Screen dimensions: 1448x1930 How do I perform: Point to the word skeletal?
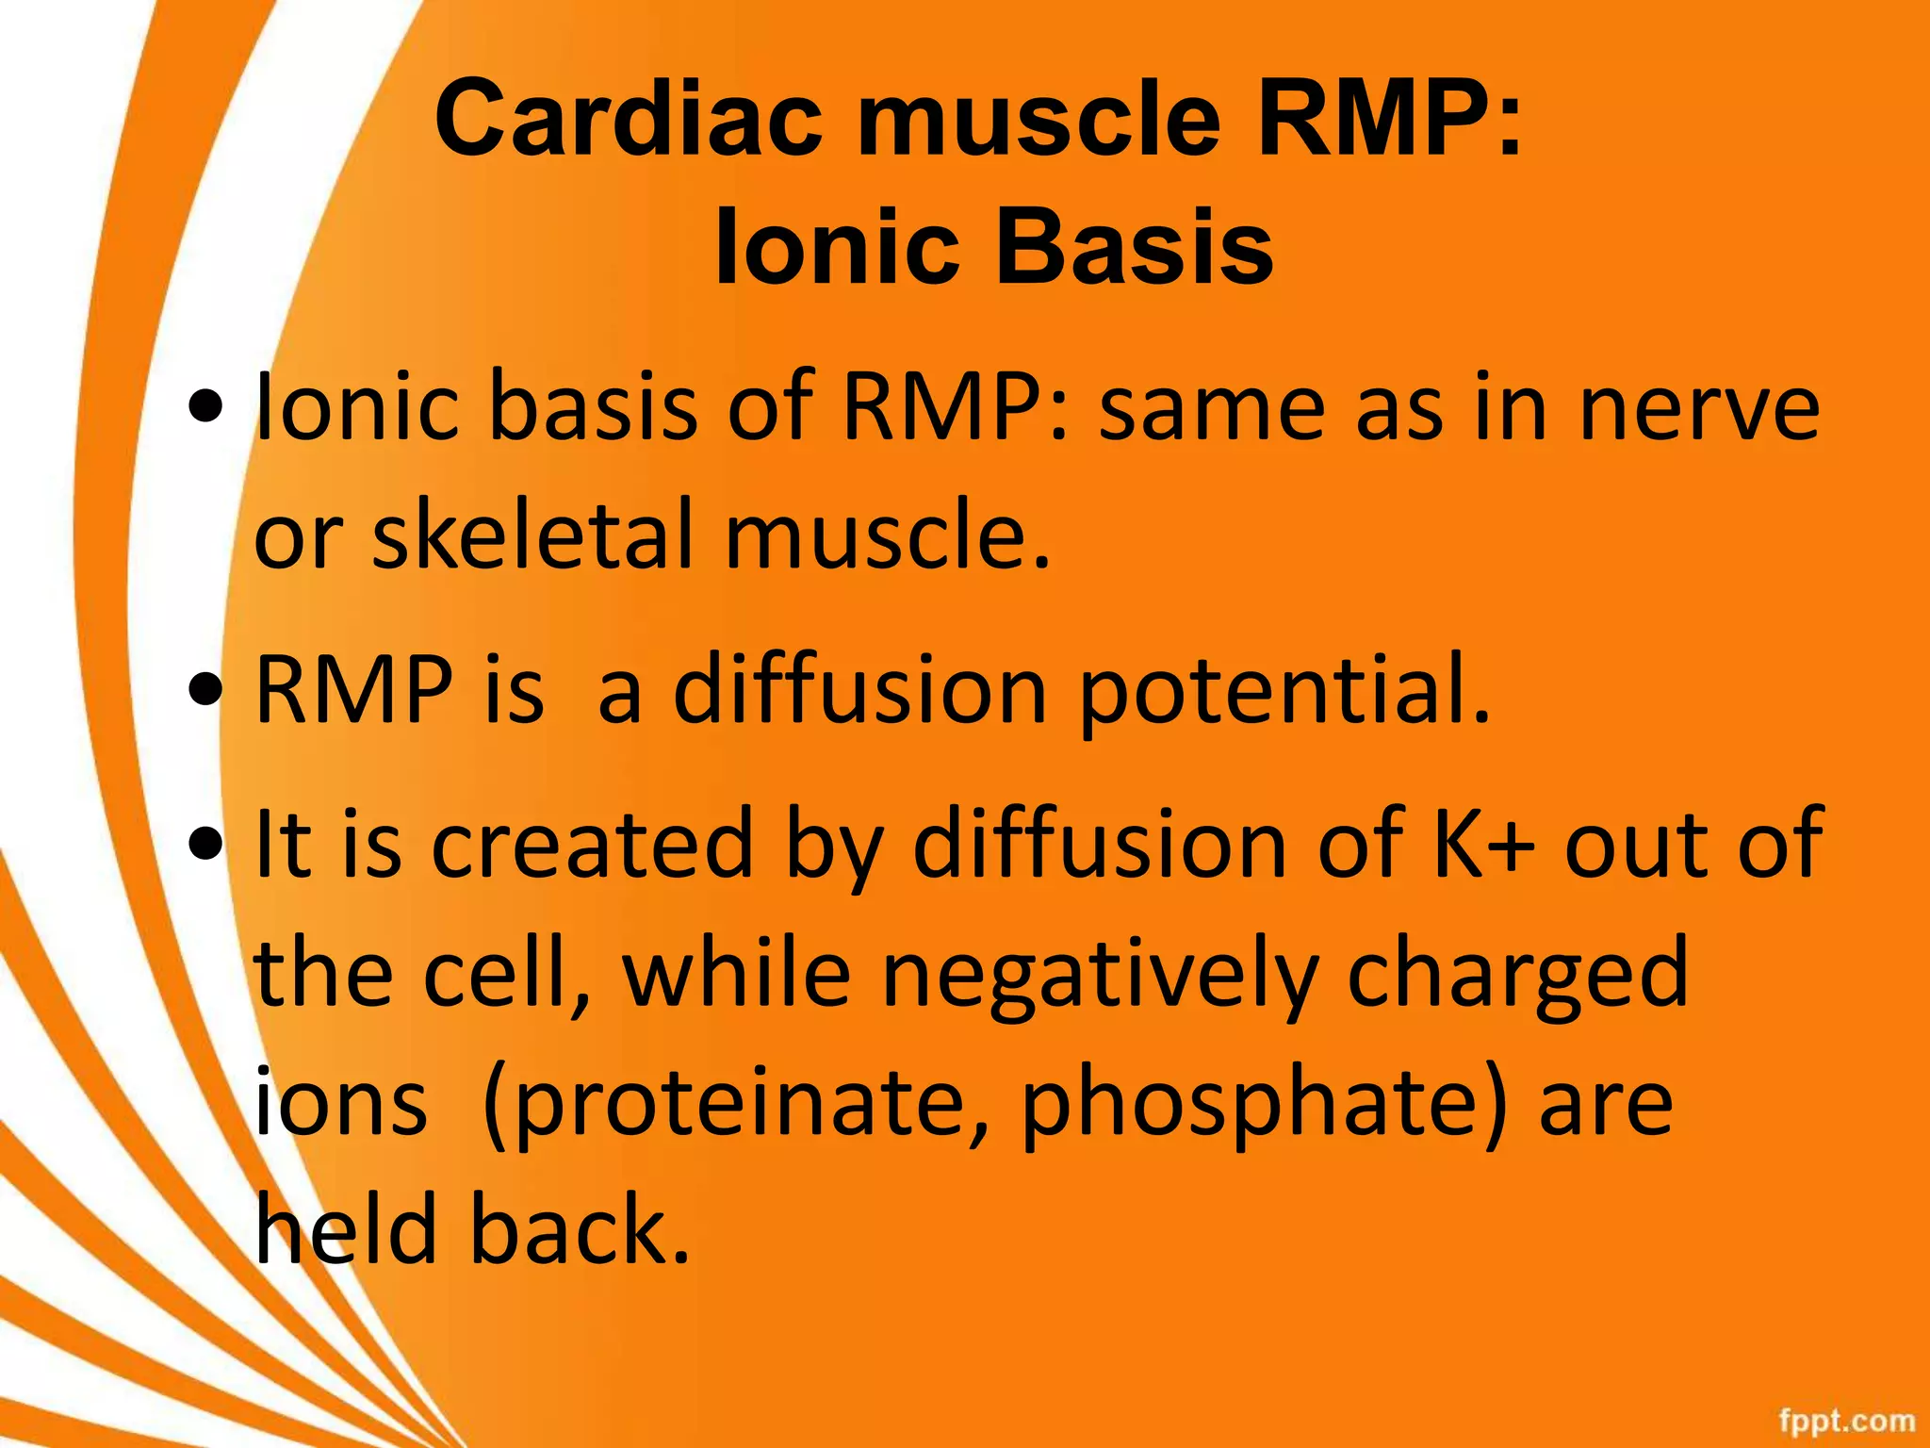(534, 535)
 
